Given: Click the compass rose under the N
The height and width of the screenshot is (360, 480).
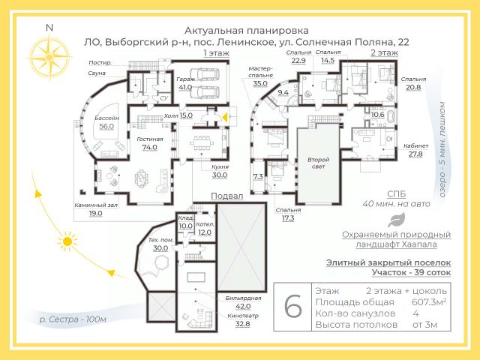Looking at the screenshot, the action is pyautogui.click(x=49, y=54).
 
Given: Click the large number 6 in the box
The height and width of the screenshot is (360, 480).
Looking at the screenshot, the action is pyautogui.click(x=293, y=307).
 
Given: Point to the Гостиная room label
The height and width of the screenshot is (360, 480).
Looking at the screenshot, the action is pyautogui.click(x=150, y=139).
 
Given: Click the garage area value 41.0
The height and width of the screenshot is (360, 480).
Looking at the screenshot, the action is pyautogui.click(x=185, y=87).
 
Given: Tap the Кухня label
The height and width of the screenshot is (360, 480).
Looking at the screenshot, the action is pyautogui.click(x=220, y=166).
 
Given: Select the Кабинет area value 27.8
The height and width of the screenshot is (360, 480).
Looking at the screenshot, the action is pyautogui.click(x=415, y=154).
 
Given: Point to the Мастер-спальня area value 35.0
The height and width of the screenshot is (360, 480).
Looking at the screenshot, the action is pyautogui.click(x=260, y=83).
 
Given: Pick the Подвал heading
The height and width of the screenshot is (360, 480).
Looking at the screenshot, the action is pyautogui.click(x=227, y=195).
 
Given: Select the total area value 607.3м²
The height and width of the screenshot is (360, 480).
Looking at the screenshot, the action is pyautogui.click(x=427, y=301).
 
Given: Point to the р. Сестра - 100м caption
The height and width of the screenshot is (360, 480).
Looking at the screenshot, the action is pyautogui.click(x=73, y=319).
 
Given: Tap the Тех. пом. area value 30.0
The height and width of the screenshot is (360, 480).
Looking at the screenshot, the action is pyautogui.click(x=160, y=247).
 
